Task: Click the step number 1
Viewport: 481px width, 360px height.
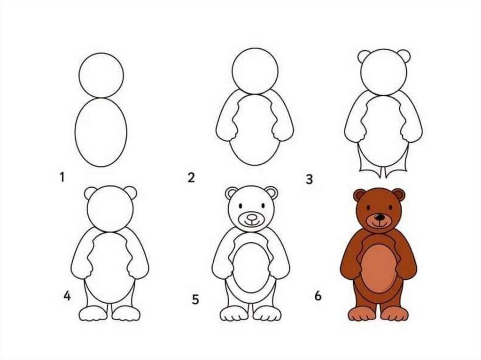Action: [62, 177]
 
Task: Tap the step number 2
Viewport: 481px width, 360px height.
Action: [191, 177]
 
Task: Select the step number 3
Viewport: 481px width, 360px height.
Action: [309, 179]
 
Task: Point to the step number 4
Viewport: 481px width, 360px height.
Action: [67, 296]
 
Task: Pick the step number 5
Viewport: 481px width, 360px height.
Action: [195, 299]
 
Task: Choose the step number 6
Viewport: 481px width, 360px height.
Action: [318, 296]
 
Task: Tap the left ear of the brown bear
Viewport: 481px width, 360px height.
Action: [359, 195]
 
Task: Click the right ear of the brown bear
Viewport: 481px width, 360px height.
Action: [399, 195]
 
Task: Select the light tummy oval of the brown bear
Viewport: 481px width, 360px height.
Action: [379, 269]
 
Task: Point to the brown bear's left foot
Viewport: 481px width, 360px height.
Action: [363, 314]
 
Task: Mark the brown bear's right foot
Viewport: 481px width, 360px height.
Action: [395, 314]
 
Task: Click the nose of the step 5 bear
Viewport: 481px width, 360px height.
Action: [252, 217]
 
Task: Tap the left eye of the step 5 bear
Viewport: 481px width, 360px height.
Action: [240, 205]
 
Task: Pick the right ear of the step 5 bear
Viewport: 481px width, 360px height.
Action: [272, 193]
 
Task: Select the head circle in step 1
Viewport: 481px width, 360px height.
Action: [101, 76]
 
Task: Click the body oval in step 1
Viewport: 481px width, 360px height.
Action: [101, 132]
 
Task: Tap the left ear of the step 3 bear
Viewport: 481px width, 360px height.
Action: [365, 57]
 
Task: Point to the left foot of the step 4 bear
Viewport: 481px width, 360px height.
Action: [93, 314]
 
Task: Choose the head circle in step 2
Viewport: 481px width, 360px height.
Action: [255, 71]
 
